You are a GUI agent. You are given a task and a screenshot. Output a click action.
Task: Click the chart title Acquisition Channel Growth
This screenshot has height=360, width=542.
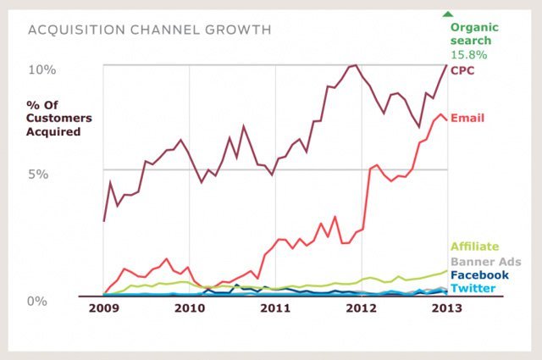click(150, 30)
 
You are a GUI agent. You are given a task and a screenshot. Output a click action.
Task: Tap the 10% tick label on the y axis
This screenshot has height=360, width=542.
click(44, 69)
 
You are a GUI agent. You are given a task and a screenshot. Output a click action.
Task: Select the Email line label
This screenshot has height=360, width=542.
click(468, 117)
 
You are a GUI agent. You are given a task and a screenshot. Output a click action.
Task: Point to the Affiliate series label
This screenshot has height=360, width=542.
click(475, 246)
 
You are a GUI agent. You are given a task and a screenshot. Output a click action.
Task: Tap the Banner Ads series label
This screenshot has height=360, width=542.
click(485, 261)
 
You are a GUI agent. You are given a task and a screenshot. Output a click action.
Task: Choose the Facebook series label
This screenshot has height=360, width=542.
click(479, 274)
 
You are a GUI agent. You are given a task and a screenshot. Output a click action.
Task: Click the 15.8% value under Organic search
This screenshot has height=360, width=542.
click(468, 54)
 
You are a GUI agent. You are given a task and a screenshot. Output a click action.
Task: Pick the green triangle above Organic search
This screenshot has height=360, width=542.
click(447, 12)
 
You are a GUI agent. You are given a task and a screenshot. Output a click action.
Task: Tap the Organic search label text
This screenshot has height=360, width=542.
click(473, 33)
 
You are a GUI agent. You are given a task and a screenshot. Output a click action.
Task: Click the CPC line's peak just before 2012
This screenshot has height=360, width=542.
click(356, 65)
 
